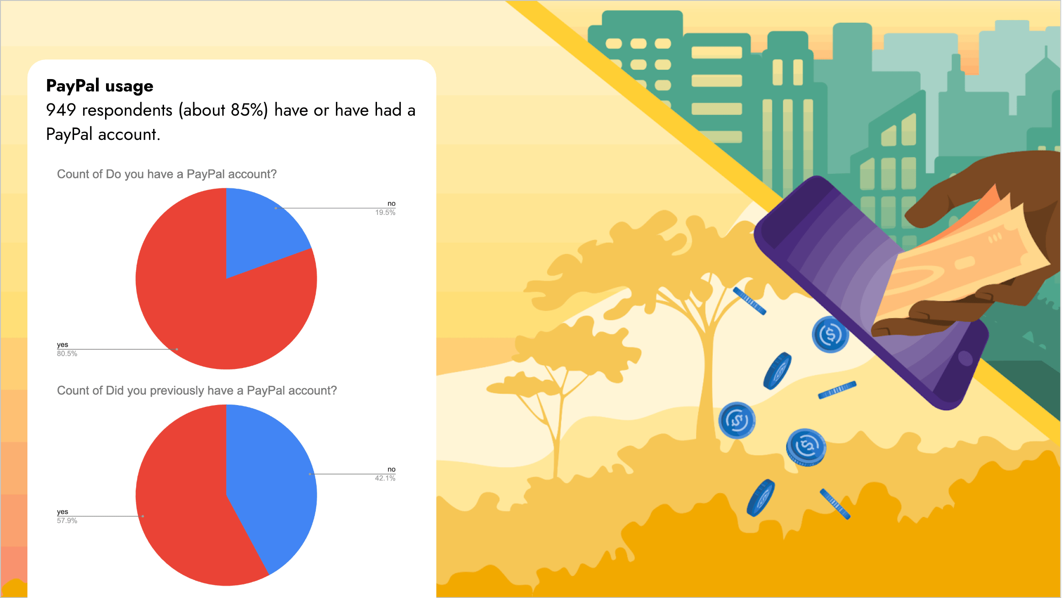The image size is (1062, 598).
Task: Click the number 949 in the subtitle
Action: (61, 110)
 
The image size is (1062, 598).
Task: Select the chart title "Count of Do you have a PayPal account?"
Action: (167, 174)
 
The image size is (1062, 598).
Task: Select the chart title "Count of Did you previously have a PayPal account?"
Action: (197, 390)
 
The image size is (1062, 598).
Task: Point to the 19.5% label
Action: (385, 213)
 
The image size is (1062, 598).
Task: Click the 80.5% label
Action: (67, 354)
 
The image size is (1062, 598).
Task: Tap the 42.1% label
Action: (385, 478)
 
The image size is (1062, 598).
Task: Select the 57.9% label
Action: (67, 521)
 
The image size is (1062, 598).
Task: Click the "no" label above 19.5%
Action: (392, 203)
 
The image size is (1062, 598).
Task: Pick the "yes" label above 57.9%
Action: (63, 512)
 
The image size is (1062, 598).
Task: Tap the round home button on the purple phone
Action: (965, 358)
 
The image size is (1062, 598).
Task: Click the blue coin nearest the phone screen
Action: (830, 335)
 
